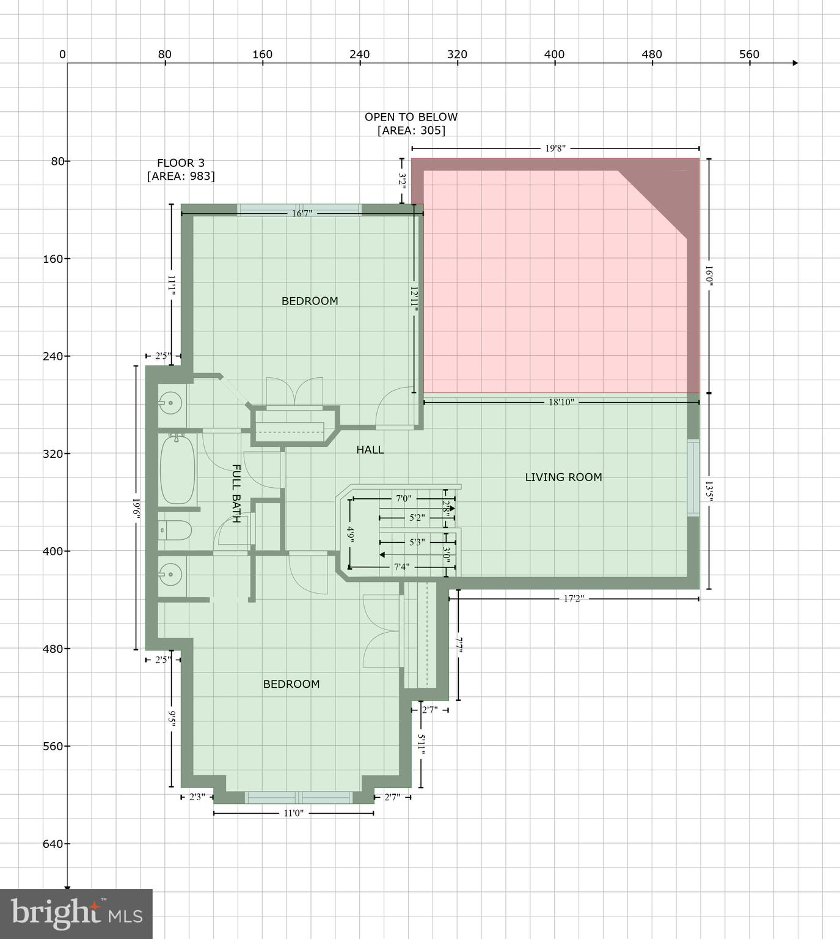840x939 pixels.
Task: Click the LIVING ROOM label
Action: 563,477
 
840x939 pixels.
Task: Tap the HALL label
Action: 370,450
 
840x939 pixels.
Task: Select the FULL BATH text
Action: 236,493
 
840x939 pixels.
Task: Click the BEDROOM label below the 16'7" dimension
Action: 310,301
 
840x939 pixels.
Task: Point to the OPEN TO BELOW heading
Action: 411,117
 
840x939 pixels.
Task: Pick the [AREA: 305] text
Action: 411,131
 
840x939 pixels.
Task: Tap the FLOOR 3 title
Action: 181,163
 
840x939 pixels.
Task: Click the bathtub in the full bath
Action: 177,469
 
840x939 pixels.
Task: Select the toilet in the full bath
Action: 175,530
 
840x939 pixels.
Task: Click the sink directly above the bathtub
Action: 170,403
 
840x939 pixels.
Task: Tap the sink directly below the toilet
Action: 170,574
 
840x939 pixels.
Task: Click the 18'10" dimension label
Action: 561,402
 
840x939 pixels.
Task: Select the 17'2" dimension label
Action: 573,598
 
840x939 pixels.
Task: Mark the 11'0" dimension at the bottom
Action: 293,813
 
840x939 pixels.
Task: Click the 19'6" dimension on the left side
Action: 136,508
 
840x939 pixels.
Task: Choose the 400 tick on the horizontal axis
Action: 554,54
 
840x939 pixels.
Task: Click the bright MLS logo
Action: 76,913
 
